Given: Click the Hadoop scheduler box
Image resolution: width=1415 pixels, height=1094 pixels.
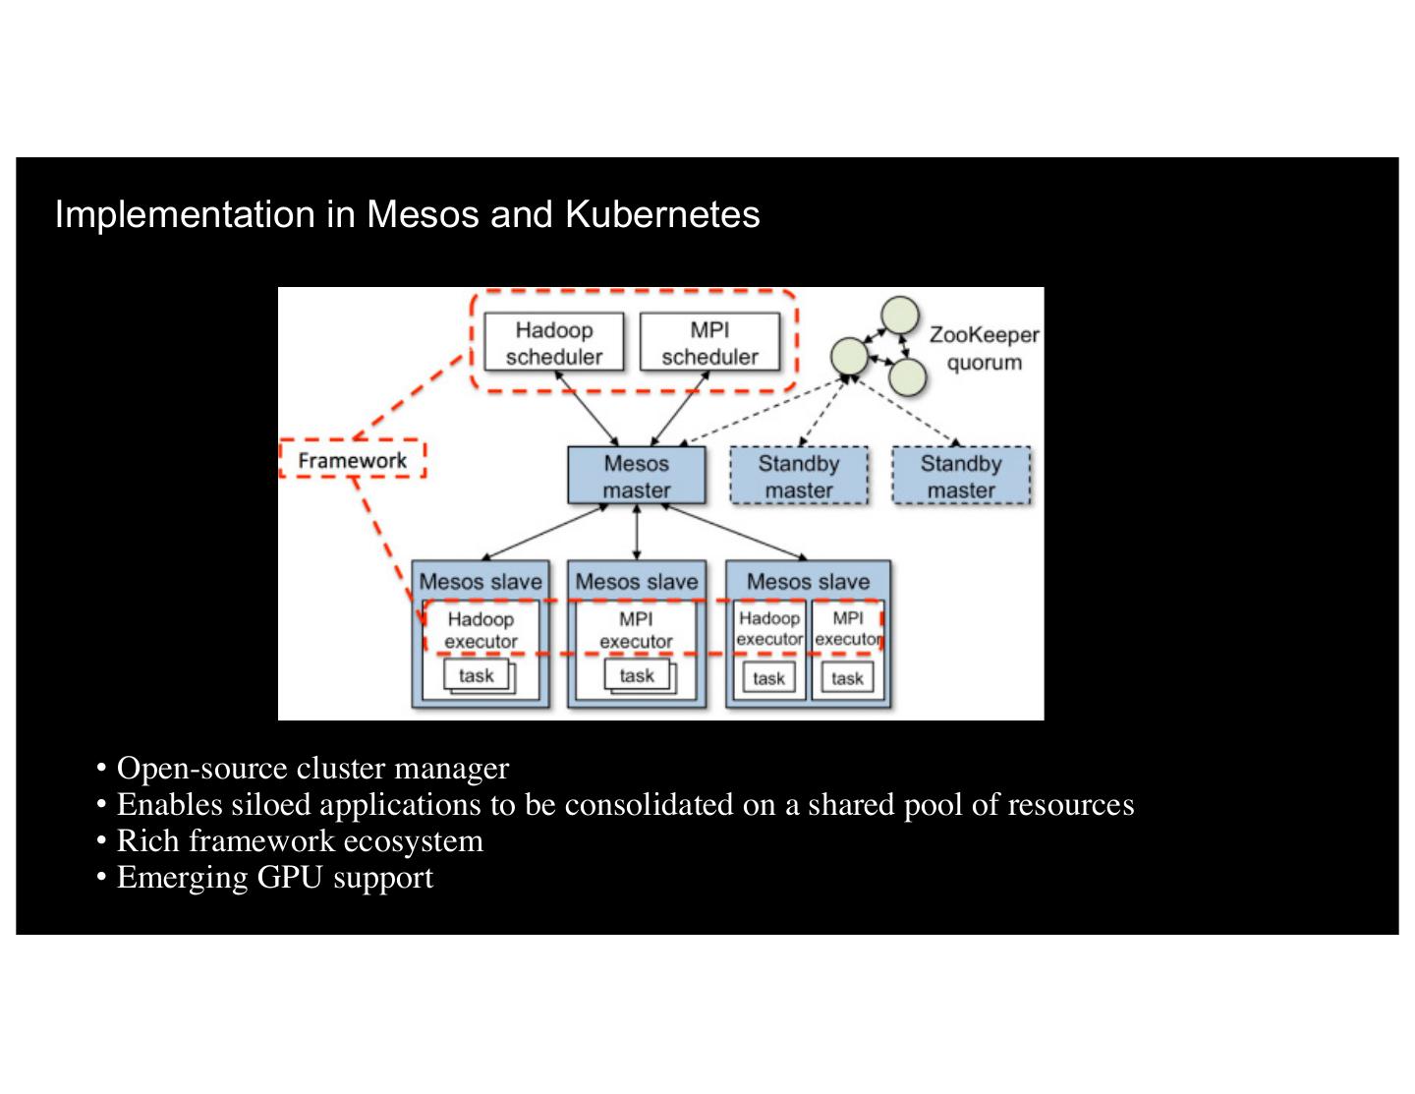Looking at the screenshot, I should [554, 343].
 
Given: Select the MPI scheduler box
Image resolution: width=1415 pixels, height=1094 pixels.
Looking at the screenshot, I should [709, 343].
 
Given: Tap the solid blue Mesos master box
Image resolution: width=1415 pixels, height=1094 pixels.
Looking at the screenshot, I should [637, 477].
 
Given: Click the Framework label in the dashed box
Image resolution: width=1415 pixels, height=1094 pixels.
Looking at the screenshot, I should [353, 460].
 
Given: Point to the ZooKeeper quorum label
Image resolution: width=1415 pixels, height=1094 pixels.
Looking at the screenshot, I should [984, 349].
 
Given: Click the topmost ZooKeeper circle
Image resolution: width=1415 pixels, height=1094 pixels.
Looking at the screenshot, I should [899, 315].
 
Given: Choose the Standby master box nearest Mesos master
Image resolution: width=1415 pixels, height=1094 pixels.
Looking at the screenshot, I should [799, 477].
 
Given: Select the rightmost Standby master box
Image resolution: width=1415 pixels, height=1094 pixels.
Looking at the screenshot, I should [961, 477].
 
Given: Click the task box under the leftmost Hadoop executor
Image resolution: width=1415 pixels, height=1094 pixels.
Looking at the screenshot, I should [477, 675].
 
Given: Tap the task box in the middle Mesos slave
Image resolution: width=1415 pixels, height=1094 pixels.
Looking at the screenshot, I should [637, 675].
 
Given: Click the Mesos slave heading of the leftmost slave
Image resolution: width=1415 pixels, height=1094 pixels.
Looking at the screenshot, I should [481, 582].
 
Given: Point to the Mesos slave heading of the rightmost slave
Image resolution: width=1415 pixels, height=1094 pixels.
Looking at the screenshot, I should [808, 582].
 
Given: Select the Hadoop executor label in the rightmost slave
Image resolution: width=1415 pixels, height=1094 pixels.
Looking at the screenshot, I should [769, 628].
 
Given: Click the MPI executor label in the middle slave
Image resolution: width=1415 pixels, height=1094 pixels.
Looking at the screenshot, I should [636, 630].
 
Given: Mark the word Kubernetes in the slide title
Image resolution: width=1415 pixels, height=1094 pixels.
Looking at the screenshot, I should [662, 214].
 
